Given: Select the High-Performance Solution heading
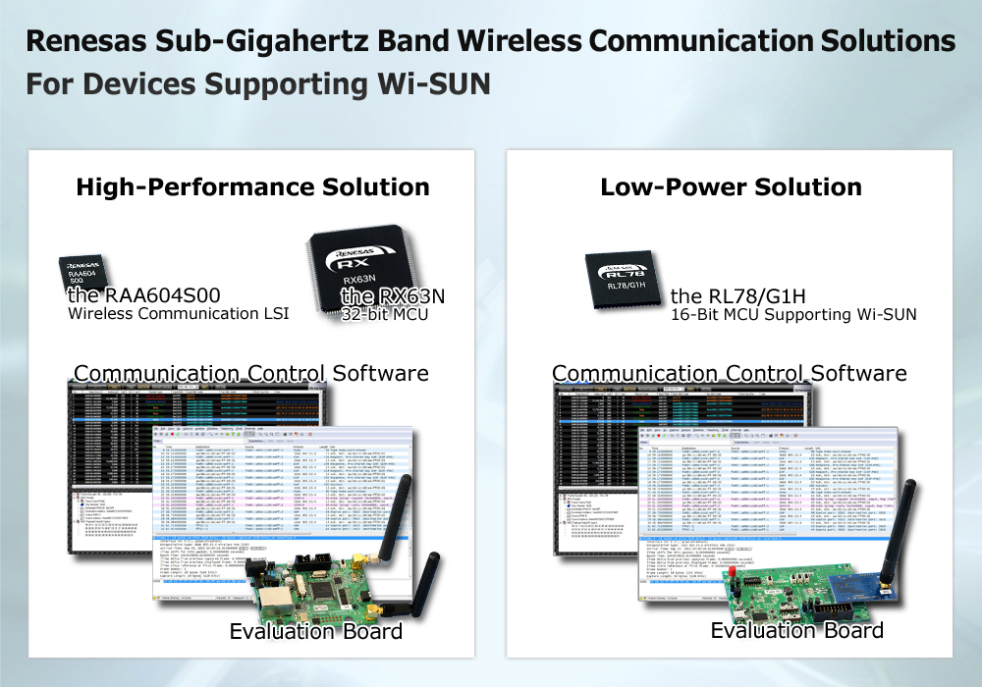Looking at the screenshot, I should click(252, 187).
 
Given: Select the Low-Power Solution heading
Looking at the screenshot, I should click(731, 187).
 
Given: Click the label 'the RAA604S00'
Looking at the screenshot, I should click(143, 295).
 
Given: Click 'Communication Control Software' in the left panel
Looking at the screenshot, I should click(251, 374).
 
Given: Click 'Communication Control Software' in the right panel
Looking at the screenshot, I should click(730, 374).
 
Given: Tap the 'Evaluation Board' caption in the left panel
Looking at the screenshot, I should click(315, 631).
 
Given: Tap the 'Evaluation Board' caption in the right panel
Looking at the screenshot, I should click(796, 631).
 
